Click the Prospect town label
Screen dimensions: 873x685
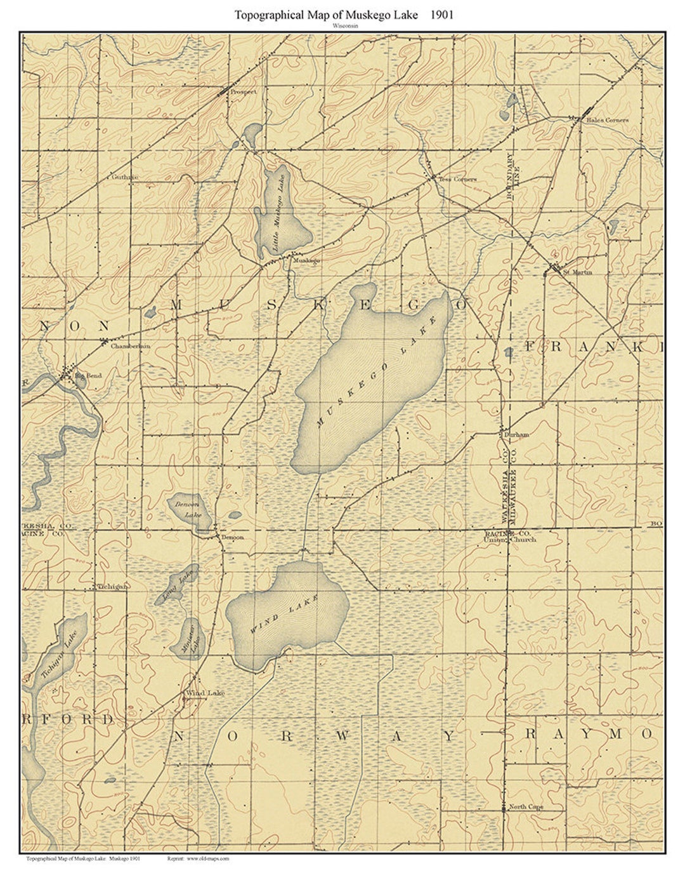pyautogui.click(x=244, y=91)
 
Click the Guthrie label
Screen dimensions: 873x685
pyautogui.click(x=125, y=177)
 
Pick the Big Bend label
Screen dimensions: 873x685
pyautogui.click(x=88, y=376)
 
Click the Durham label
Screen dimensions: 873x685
pyautogui.click(x=516, y=435)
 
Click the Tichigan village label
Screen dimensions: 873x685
pyautogui.click(x=114, y=587)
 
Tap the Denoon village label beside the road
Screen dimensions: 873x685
pyautogui.click(x=232, y=537)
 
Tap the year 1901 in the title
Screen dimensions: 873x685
pyautogui.click(x=439, y=15)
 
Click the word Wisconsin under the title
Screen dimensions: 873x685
pyautogui.click(x=343, y=27)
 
